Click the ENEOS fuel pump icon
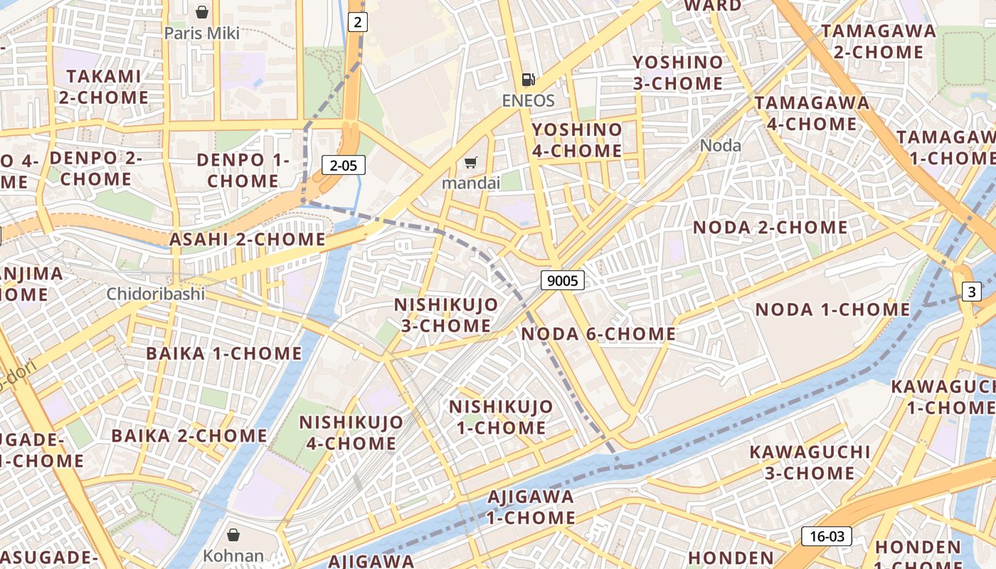(528, 80)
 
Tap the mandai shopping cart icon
(470, 163)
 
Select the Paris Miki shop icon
(202, 11)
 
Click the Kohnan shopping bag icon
(233, 534)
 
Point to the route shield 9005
(563, 280)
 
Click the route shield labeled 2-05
(344, 166)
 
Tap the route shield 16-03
(826, 536)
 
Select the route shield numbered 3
(972, 291)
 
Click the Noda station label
(720, 146)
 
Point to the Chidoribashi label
(156, 294)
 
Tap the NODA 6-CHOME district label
(598, 334)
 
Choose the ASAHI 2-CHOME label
(247, 240)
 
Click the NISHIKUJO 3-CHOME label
(446, 315)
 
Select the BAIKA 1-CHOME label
(224, 353)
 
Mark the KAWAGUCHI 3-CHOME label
(810, 462)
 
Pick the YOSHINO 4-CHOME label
(577, 140)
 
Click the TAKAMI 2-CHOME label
(104, 87)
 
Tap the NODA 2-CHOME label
(770, 228)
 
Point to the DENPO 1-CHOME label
(243, 170)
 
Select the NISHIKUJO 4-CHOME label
(351, 432)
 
